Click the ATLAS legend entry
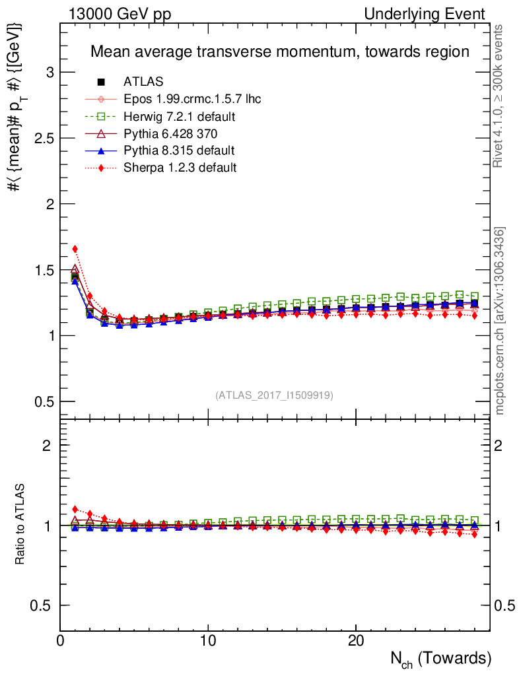coord(143,82)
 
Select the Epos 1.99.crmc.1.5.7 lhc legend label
coord(192,99)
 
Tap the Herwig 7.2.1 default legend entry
coord(180,116)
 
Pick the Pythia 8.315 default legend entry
coord(179,151)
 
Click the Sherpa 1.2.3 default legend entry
coord(180,168)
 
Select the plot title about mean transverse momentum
coord(279,51)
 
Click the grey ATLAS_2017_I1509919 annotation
coord(274,395)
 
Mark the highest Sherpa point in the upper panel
coord(75,249)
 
